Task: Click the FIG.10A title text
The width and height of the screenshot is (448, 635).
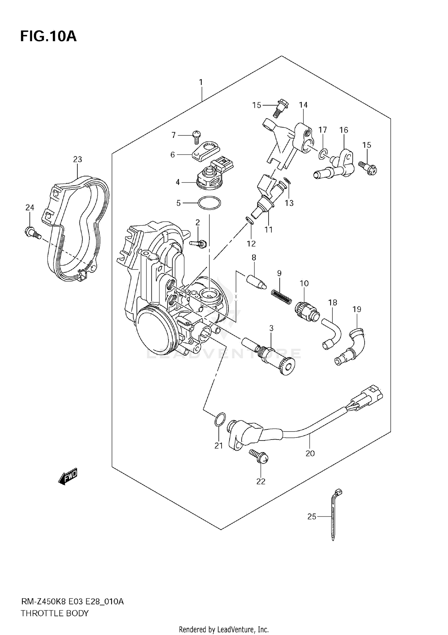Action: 48,36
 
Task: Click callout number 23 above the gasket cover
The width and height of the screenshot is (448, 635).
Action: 77,159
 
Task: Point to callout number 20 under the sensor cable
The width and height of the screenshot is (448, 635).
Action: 310,453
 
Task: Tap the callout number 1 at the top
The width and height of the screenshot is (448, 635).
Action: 201,82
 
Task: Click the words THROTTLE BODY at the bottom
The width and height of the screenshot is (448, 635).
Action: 55,613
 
